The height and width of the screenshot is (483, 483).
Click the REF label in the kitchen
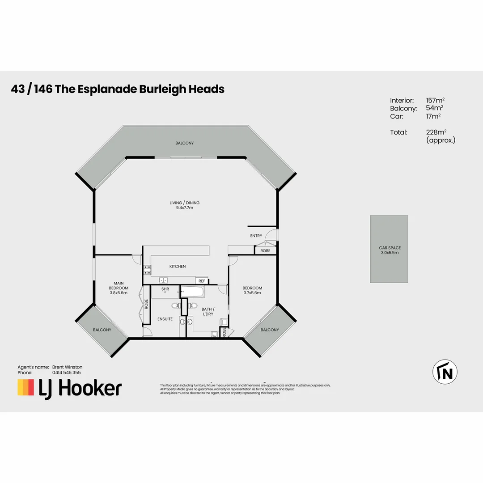point(202,281)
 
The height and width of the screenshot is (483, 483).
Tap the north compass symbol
point(445,372)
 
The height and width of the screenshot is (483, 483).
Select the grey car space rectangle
point(389,249)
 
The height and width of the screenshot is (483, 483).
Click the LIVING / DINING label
point(184,203)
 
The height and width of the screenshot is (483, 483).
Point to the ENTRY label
point(256,236)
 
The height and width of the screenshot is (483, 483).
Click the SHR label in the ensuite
point(165,289)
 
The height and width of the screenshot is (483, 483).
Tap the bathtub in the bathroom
point(192,292)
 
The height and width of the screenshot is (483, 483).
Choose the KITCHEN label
point(177,267)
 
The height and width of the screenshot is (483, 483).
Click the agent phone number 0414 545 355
point(67,372)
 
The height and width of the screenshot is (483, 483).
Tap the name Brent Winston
point(67,367)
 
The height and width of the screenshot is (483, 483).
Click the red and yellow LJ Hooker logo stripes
point(25,387)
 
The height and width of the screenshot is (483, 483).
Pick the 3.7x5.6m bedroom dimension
point(252,293)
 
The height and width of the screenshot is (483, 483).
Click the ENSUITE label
point(165,319)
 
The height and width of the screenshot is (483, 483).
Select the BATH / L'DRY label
point(208,311)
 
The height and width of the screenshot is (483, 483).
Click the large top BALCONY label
point(184,143)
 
